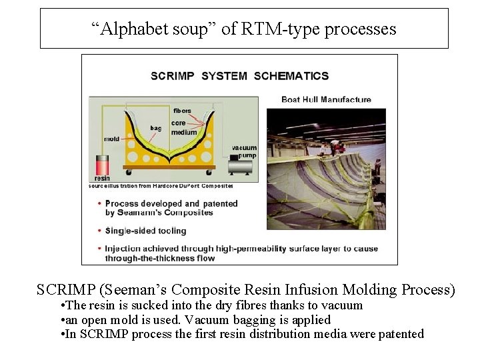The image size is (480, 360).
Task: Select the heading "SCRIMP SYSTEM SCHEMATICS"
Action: (x=239, y=76)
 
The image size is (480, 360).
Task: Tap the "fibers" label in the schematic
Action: (x=182, y=111)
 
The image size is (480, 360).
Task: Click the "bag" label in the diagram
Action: (x=156, y=128)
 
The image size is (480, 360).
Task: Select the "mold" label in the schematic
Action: (x=111, y=139)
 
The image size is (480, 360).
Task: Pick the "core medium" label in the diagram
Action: (x=183, y=127)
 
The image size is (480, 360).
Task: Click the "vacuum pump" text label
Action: (x=244, y=152)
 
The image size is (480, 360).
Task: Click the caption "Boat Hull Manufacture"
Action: (x=326, y=99)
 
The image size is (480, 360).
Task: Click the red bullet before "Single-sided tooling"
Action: (x=99, y=231)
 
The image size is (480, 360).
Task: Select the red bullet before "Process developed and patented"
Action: (x=99, y=203)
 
